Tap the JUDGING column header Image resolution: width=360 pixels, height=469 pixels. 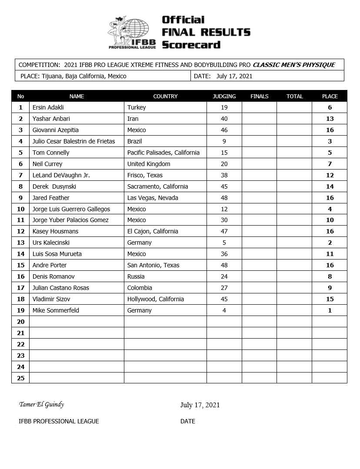click(x=224, y=96)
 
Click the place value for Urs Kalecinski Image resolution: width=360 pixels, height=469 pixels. click(x=330, y=243)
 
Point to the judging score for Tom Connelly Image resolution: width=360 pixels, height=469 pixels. click(x=224, y=153)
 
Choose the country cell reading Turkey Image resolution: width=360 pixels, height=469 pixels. click(x=137, y=107)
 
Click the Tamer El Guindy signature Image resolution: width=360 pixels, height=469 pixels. click(x=41, y=404)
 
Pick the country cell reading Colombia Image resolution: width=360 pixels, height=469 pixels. click(x=140, y=288)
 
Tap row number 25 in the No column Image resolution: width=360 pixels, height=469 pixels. click(x=20, y=378)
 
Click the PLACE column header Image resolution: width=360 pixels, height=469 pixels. click(x=330, y=96)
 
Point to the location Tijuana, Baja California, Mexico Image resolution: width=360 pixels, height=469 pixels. click(x=84, y=76)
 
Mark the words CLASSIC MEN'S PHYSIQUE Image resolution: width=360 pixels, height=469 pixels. click(x=293, y=65)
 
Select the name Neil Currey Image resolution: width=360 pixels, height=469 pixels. click(x=47, y=164)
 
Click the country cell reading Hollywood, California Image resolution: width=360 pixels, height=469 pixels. click(x=155, y=299)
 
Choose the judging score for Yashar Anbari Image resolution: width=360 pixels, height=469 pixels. click(x=224, y=119)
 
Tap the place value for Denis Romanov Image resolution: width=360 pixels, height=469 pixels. click(x=330, y=276)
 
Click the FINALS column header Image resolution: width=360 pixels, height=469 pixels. click(x=260, y=96)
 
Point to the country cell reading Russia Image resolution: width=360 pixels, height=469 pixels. click(x=136, y=276)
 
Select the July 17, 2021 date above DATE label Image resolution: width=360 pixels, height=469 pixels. click(x=200, y=405)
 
